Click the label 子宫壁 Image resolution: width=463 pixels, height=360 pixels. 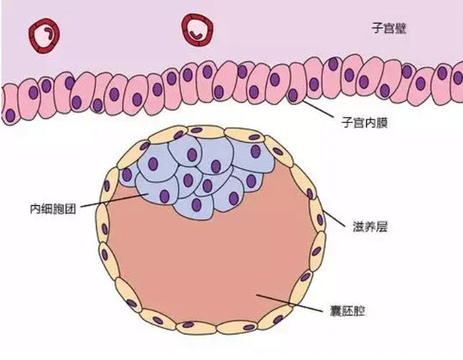click(x=389, y=28)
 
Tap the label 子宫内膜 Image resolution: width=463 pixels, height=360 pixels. click(x=364, y=122)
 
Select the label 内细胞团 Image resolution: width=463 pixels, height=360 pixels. click(x=53, y=209)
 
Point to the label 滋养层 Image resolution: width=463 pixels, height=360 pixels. click(x=370, y=227)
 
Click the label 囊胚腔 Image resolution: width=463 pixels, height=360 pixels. click(x=347, y=312)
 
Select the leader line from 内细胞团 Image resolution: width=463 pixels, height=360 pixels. click(x=114, y=200)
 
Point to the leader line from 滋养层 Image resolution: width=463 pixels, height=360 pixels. click(x=333, y=218)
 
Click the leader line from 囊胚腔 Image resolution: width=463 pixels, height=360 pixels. click(x=289, y=302)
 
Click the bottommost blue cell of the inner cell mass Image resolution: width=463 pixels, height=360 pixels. click(x=194, y=206)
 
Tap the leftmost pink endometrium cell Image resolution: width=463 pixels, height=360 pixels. click(x=9, y=105)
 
